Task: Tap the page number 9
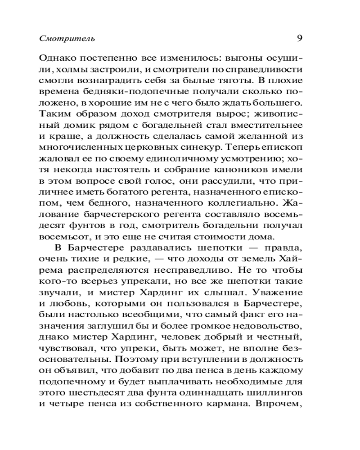(299, 38)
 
